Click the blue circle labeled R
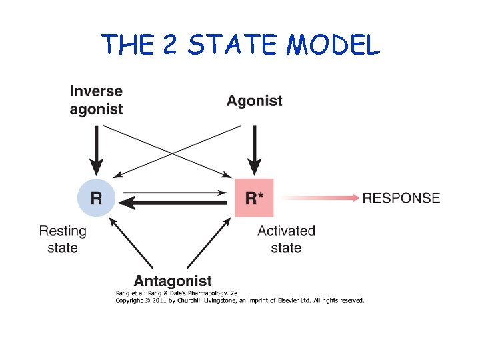tap(97, 198)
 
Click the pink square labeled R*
tap(254, 198)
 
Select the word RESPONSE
tap(401, 198)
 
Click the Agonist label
tap(254, 101)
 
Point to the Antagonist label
tap(173, 281)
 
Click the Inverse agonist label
tap(96, 100)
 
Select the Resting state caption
tap(63, 239)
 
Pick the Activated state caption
tap(286, 239)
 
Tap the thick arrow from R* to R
tap(175, 204)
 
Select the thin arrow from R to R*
tap(175, 193)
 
